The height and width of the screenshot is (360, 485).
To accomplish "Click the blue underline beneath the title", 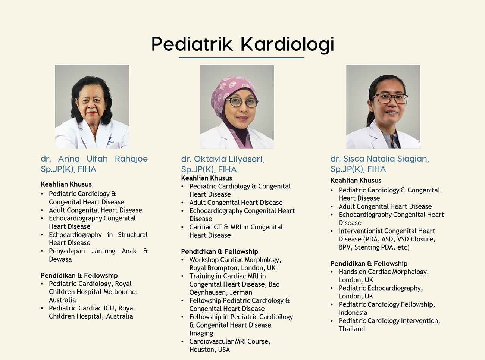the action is coord(242,58).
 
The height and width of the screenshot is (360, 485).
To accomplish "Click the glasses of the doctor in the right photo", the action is coord(389,98).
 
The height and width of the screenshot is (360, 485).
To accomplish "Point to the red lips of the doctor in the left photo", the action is coord(92,113).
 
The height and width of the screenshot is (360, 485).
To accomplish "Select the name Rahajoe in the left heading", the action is coord(131,159).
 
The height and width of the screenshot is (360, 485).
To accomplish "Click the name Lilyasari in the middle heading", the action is coord(246,159).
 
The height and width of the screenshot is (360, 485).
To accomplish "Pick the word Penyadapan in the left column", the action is coord(67,251).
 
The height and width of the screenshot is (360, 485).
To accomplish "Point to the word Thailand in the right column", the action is coord(351,329).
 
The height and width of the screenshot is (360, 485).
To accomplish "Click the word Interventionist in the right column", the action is coord(360,231).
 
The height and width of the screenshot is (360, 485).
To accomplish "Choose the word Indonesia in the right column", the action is coord(353,313).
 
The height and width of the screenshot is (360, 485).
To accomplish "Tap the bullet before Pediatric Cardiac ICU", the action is coord(42,309).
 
